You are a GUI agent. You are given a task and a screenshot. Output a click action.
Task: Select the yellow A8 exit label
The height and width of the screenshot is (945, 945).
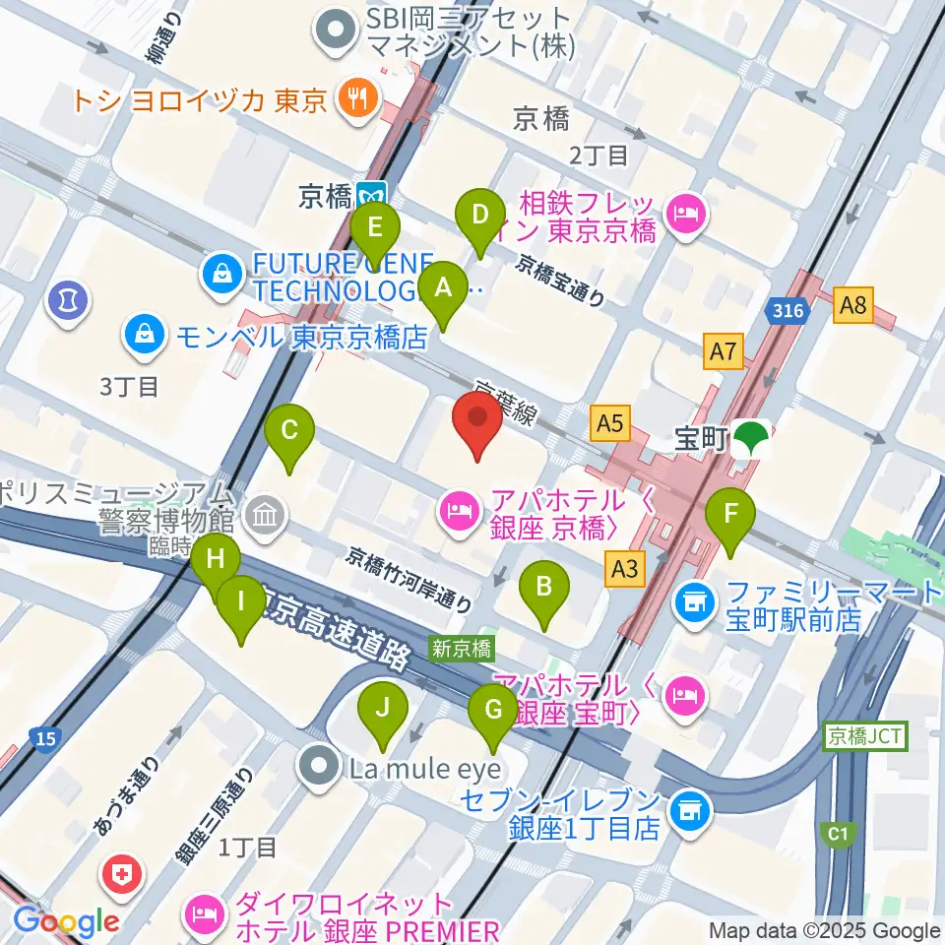[852, 305]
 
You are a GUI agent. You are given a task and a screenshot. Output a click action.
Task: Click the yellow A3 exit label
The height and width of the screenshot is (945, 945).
[627, 568]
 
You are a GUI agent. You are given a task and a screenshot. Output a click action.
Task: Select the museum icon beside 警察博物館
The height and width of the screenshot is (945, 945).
[265, 514]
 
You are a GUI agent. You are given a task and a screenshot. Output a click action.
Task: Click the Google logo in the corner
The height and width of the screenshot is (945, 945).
[66, 921]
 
